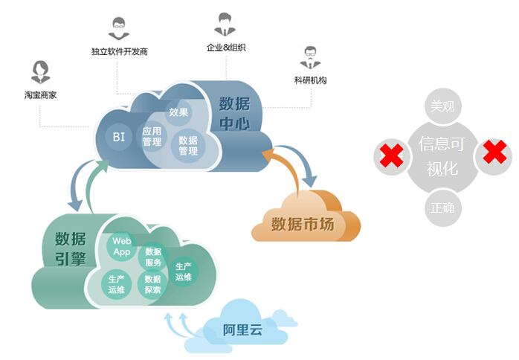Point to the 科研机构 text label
311,80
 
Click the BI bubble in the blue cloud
119,137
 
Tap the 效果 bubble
178,112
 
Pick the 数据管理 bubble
188,145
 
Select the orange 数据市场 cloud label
302,223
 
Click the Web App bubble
121,246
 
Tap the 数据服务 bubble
153,257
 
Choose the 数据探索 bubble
152,285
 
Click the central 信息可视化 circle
442,156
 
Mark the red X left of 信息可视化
393,156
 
